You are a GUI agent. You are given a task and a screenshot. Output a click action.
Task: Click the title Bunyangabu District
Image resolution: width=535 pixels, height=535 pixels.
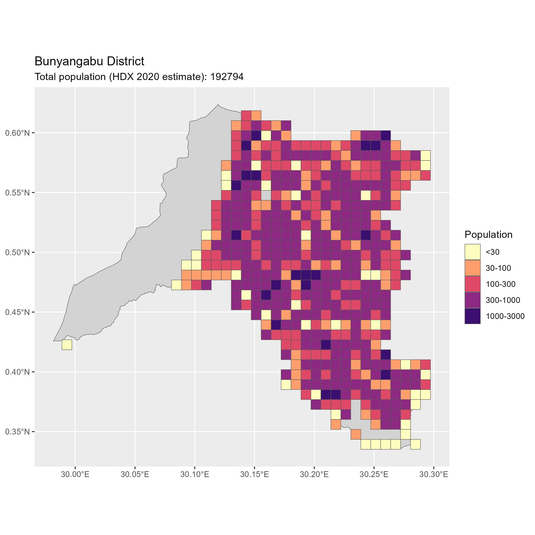(x=89, y=61)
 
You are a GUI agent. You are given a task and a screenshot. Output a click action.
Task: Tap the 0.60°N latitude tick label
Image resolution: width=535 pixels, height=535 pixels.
(x=17, y=133)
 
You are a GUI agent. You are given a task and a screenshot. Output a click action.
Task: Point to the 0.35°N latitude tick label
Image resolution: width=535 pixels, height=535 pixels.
(x=17, y=432)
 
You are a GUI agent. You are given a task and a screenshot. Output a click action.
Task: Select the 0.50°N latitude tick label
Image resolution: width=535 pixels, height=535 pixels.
(x=17, y=253)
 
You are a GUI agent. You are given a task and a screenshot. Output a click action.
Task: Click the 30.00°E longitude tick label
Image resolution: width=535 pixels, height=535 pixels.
(x=75, y=475)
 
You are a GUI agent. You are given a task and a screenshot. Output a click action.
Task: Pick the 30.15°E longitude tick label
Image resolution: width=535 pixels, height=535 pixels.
(x=255, y=475)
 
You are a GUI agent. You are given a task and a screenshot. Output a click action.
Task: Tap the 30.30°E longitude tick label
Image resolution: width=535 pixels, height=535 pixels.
(x=434, y=475)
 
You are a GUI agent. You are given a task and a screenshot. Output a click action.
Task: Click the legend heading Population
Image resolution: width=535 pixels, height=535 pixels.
(x=488, y=235)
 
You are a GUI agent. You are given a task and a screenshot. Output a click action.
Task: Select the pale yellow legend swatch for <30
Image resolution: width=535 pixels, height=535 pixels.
(x=473, y=252)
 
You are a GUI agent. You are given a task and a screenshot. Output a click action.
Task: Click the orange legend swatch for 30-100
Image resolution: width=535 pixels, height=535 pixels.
(x=473, y=268)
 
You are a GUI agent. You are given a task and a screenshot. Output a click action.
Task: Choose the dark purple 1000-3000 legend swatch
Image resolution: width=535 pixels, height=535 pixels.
(x=473, y=316)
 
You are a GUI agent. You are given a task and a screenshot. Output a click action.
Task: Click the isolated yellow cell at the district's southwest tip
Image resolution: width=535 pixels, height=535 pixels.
(x=67, y=345)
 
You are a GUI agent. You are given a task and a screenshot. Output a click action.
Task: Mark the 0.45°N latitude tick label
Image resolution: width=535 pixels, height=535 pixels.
(x=17, y=312)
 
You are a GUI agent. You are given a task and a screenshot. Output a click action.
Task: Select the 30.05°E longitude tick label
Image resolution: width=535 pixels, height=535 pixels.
(x=135, y=475)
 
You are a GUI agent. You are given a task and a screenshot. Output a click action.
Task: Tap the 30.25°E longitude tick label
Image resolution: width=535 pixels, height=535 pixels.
(x=374, y=475)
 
